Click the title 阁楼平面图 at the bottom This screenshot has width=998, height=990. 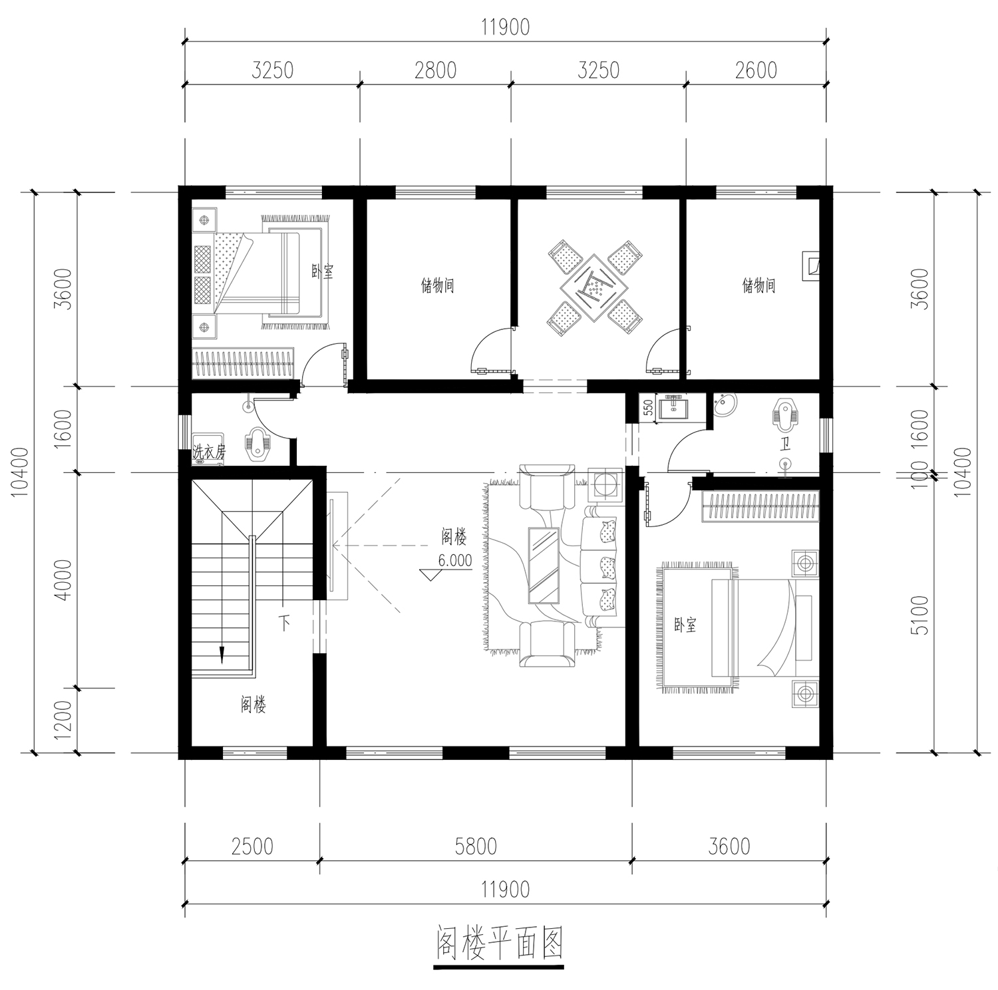pos(500,942)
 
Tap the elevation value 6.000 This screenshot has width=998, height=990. pos(455,561)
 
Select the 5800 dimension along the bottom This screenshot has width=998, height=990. pos(476,846)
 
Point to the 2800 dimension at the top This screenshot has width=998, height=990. pos(436,70)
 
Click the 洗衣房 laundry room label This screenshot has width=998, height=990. pos(210,452)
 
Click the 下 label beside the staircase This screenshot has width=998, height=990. pos(284,623)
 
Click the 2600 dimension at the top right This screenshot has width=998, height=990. pos(756,70)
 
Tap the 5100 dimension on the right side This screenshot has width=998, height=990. pos(921,615)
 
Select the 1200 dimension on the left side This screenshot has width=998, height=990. pos(63,721)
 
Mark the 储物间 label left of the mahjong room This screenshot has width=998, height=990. pos(437,286)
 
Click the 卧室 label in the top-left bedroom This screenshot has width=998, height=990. pos(323,271)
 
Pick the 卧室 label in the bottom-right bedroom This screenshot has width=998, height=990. pos(685,625)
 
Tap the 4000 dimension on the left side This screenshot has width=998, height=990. pos(63,580)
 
